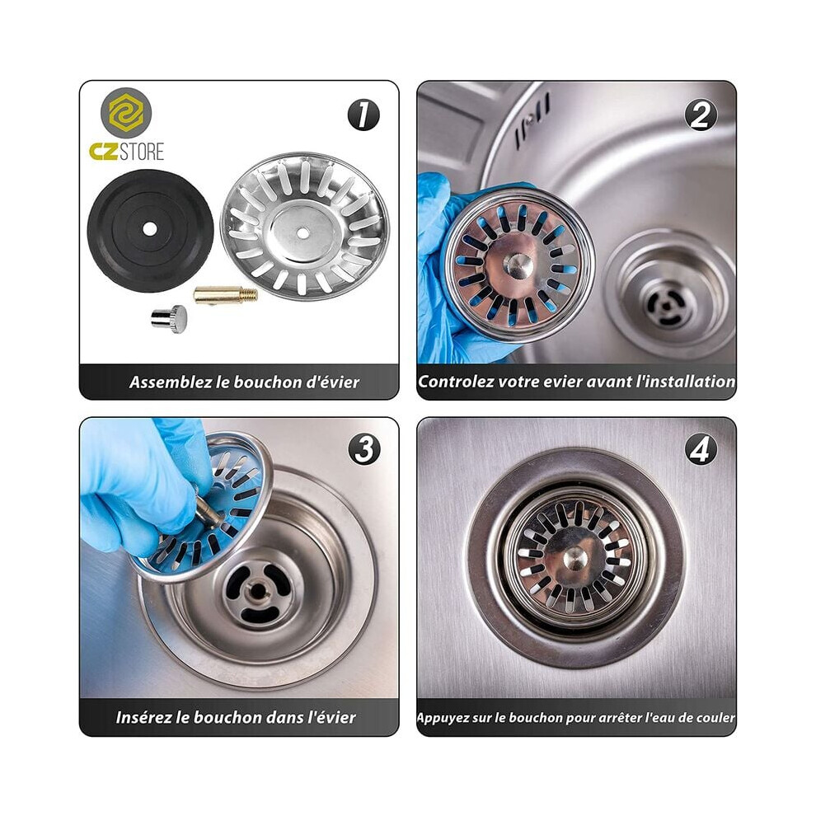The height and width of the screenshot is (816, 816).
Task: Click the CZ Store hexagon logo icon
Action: click(x=126, y=113)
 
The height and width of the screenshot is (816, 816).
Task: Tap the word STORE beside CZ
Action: click(x=142, y=152)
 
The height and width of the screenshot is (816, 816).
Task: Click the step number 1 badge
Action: click(x=363, y=115)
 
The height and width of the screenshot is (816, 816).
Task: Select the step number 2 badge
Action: click(x=701, y=115)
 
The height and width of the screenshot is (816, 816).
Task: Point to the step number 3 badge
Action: click(x=363, y=448)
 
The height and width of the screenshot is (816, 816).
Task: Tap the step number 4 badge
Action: click(x=700, y=448)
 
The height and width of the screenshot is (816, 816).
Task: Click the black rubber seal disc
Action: click(x=150, y=230)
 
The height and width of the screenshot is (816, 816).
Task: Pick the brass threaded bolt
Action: click(x=225, y=296)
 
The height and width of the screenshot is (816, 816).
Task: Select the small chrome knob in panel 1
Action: click(x=169, y=318)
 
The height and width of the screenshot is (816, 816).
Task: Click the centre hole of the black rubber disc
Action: click(x=149, y=229)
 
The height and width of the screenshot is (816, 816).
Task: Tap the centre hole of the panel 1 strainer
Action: click(x=302, y=233)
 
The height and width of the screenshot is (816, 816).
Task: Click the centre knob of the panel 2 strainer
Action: click(x=518, y=265)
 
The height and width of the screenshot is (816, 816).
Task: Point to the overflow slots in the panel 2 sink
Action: click(x=532, y=120)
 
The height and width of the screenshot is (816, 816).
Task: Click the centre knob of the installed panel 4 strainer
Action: click(x=576, y=558)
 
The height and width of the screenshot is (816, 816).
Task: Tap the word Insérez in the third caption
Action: click(x=144, y=717)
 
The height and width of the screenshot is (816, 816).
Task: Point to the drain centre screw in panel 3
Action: click(x=257, y=589)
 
